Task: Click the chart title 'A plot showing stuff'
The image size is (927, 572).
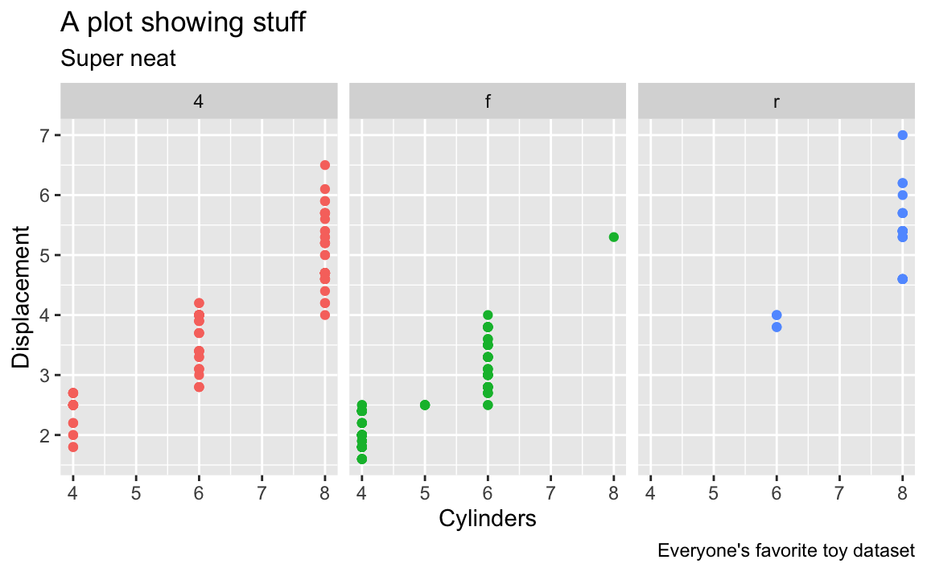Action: click(x=183, y=23)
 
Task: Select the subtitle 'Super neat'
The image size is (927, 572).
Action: click(x=117, y=58)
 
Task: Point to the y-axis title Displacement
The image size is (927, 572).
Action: click(x=23, y=297)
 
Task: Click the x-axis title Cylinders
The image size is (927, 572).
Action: click(x=488, y=519)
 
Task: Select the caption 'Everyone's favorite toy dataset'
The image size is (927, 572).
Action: click(x=785, y=551)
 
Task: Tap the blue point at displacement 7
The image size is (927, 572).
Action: click(x=902, y=135)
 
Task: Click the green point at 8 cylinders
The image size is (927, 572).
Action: click(x=613, y=237)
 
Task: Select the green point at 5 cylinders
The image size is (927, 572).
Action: click(x=425, y=405)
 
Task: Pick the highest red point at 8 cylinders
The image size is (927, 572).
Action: click(x=325, y=165)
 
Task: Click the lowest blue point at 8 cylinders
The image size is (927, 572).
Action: click(x=902, y=279)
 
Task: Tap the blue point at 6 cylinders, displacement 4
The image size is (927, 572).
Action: click(x=777, y=315)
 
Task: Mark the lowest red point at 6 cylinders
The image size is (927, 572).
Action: click(x=199, y=387)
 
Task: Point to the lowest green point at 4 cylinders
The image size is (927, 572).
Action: click(x=362, y=459)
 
